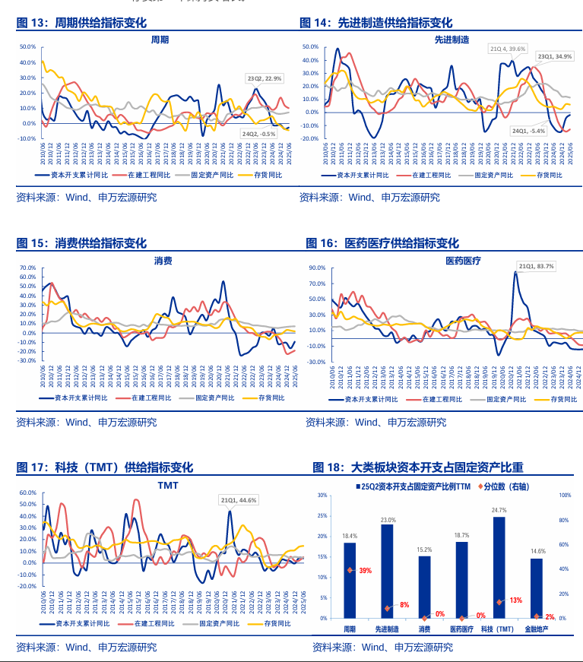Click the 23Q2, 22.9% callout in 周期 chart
tap(265, 78)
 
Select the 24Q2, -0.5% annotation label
tap(258, 134)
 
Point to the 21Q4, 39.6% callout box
tap(507, 49)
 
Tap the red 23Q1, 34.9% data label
tap(555, 56)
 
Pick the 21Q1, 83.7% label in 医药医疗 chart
tap(537, 266)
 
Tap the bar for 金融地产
tap(537, 588)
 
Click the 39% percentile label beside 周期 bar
tap(365, 570)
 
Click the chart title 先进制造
tap(452, 39)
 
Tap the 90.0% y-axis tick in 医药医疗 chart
tap(317, 268)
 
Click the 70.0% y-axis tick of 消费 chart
tap(27, 268)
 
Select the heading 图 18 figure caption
tap(417, 467)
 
